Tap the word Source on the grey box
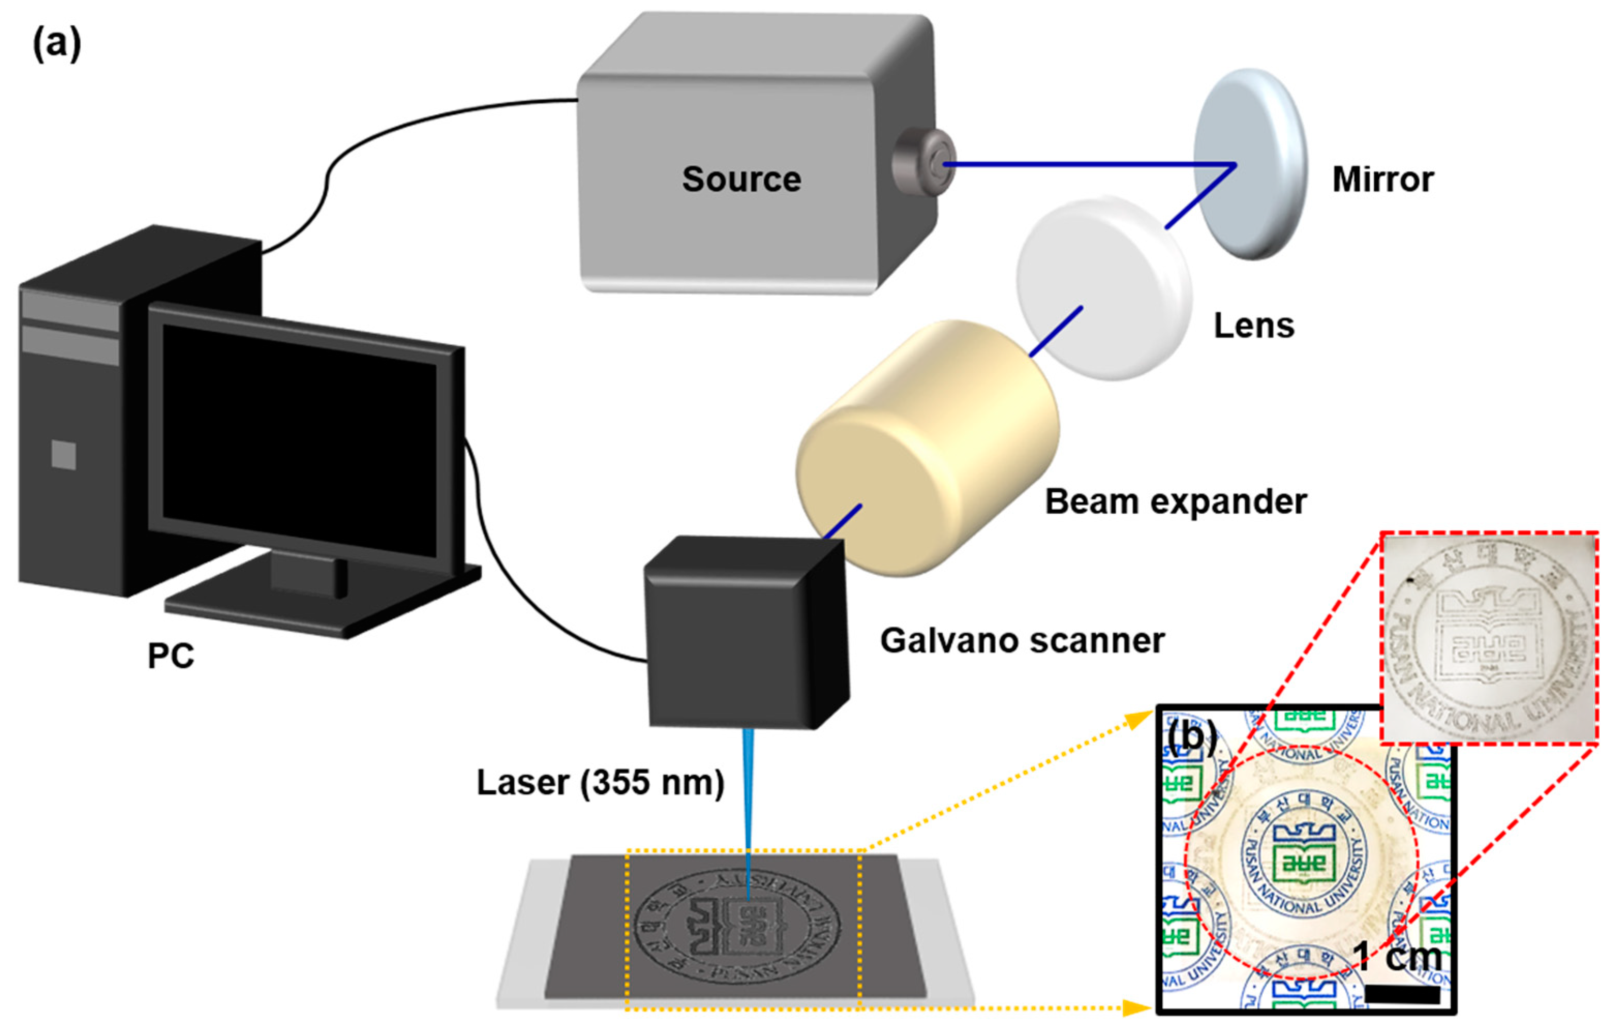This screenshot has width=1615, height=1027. click(741, 179)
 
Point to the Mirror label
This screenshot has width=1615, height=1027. click(1382, 180)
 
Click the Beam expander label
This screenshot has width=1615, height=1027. click(1176, 502)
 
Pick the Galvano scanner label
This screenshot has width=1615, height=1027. click(1022, 640)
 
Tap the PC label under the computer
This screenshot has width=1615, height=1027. click(171, 655)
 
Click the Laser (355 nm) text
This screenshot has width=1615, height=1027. click(600, 782)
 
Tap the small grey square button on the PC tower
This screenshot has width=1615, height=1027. click(64, 455)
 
